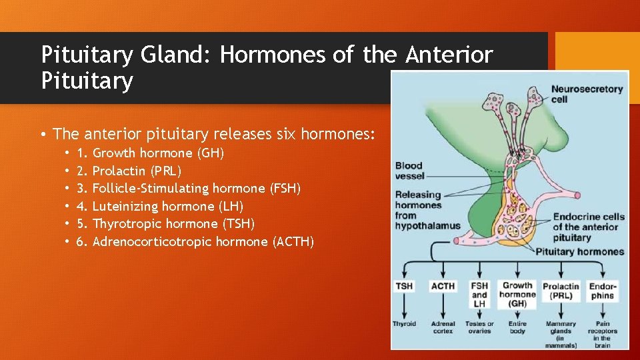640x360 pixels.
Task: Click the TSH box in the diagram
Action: (x=404, y=286)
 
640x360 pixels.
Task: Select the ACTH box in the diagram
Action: (x=443, y=286)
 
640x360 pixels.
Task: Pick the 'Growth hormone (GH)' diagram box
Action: (x=517, y=294)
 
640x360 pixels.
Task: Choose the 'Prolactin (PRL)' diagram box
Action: (x=561, y=291)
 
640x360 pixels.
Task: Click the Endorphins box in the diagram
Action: (x=603, y=291)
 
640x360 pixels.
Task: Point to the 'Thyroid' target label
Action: (x=404, y=324)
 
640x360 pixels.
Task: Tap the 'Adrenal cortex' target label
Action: (x=443, y=327)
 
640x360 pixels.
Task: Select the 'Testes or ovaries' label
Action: (x=479, y=327)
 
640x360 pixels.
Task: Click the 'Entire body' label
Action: (x=517, y=327)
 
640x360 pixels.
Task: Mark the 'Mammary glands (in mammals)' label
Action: (x=561, y=333)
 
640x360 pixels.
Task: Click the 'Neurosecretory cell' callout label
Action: (x=587, y=93)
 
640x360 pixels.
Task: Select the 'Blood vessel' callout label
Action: (x=409, y=171)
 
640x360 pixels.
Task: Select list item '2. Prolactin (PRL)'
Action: (x=137, y=171)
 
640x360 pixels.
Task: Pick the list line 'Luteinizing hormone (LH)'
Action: (x=167, y=206)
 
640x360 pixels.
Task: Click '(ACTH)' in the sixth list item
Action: (x=294, y=241)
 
